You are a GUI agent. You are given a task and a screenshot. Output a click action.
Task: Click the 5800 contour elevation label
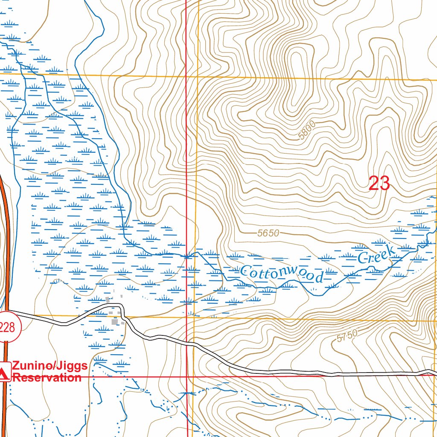click(307, 131)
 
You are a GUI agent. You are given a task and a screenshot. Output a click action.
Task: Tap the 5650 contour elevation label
click(268, 233)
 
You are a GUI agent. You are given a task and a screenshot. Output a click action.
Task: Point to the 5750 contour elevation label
click(346, 337)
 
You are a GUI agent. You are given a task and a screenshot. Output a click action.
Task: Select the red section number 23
click(379, 184)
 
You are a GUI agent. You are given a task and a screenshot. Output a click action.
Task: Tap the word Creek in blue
click(376, 254)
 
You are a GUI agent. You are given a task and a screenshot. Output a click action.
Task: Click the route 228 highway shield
click(7, 328)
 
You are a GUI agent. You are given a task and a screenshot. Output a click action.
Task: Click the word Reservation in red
click(47, 378)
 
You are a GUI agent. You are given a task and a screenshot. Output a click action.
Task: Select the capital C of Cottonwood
click(245, 270)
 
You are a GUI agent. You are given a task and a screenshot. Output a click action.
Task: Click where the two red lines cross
click(187, 377)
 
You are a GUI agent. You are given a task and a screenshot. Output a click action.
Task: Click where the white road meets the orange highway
click(7, 311)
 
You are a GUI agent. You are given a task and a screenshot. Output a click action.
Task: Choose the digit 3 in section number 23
click(384, 184)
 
